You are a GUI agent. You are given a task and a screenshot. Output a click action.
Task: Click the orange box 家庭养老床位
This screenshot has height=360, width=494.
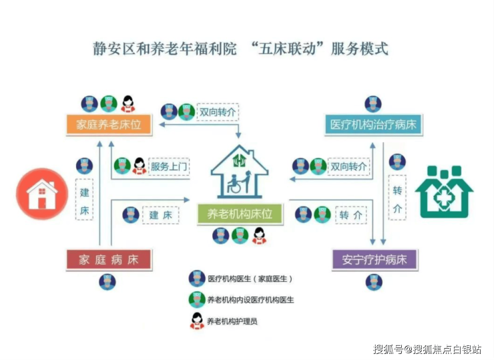click(109, 125)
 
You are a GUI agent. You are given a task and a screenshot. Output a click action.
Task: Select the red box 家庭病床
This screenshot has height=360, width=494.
click(109, 260)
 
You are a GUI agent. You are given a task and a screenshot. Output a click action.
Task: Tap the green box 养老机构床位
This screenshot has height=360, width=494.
click(240, 214)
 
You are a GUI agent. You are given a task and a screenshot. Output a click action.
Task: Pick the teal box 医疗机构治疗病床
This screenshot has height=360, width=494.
click(373, 125)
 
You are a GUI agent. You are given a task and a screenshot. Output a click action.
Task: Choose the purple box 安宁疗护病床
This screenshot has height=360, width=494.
click(375, 260)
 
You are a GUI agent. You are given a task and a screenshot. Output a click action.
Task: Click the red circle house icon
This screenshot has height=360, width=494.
click(42, 194)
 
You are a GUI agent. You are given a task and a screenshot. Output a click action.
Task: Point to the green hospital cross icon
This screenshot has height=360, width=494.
click(444, 192)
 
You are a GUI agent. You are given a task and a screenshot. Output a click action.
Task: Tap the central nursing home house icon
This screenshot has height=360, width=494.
click(240, 171)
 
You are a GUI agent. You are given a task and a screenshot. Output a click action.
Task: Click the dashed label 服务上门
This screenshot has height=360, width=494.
click(169, 166)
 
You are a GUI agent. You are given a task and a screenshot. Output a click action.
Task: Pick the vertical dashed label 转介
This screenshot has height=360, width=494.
click(397, 198)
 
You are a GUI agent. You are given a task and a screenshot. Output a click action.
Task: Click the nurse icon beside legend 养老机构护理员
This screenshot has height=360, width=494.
click(197, 321)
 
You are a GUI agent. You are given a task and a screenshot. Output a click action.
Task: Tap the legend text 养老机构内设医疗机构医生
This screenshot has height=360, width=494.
click(250, 300)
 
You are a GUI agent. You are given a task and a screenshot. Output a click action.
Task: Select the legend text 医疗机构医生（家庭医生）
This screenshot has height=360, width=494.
click(250, 279)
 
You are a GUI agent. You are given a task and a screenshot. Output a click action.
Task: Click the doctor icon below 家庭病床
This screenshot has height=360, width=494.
click(107, 281)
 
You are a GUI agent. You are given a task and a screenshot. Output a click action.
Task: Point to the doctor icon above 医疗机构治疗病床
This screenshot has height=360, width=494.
click(373, 104)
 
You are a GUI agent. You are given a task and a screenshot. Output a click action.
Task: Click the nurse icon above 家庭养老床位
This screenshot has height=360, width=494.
click(128, 104)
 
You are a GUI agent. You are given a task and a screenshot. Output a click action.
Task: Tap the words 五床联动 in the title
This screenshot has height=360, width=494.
click(287, 49)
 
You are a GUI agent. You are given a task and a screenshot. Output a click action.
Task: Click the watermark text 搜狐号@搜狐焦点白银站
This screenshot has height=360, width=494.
click(427, 349)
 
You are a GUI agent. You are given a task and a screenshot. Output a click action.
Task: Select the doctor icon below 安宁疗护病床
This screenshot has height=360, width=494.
click(374, 282)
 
